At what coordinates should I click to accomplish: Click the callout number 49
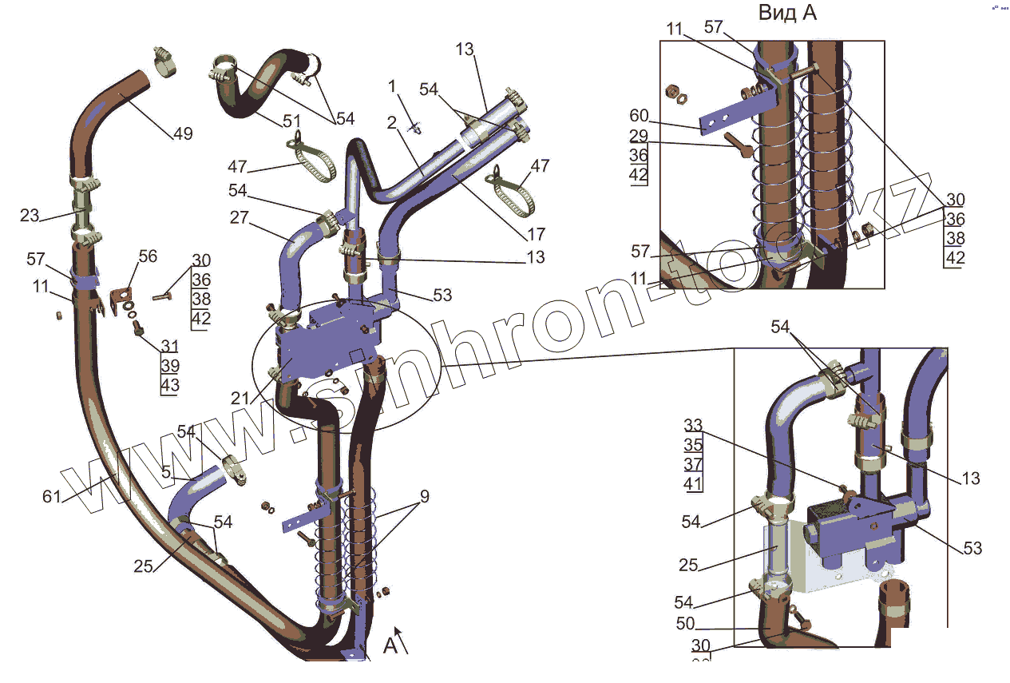coord(183,133)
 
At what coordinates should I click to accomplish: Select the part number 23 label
coord(29,215)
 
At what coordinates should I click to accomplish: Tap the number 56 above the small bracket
coord(148,256)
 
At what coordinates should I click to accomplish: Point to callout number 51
coord(292,121)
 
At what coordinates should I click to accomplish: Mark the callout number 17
coord(536,234)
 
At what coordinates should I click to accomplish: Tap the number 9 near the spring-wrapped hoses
coord(425,497)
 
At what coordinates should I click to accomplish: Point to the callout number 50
coord(685,624)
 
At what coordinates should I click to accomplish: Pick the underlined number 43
coord(170,385)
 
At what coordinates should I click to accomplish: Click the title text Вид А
coord(786,13)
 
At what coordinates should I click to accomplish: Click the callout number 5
coord(166,472)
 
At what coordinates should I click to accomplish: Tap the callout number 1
coord(392,85)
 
